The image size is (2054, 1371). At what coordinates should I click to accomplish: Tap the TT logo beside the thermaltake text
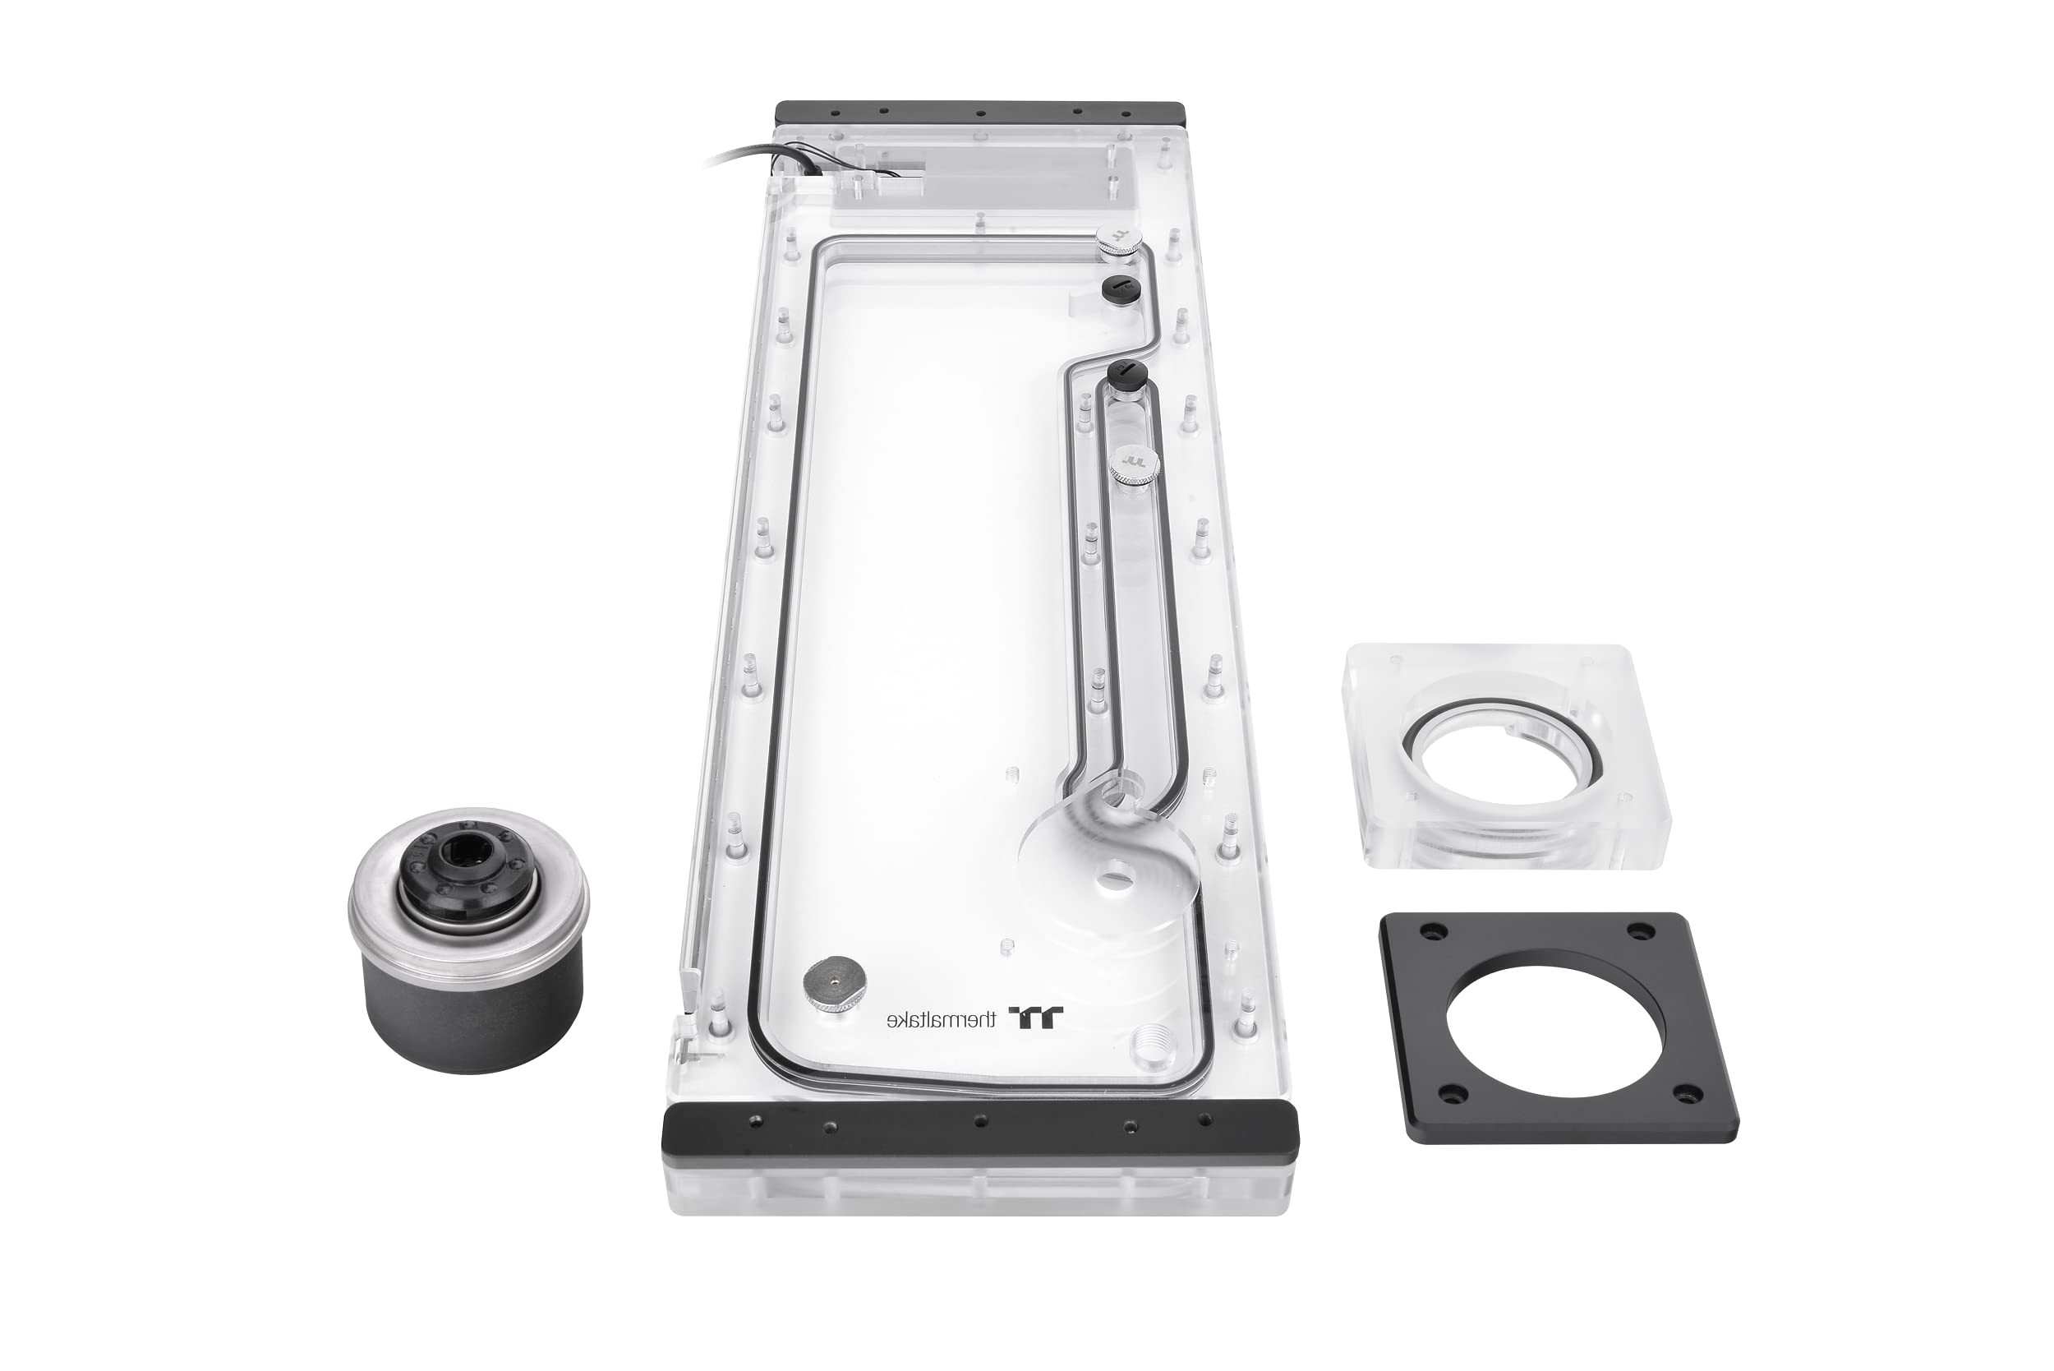(x=1037, y=1017)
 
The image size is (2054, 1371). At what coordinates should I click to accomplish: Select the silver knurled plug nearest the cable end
(x=1119, y=241)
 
